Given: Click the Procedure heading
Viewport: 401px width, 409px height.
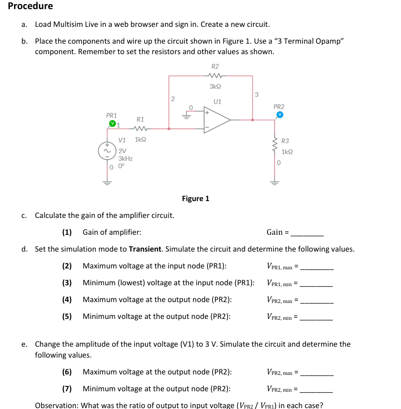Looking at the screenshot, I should click(30, 6).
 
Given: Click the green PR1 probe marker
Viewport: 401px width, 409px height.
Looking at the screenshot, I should click(111, 123).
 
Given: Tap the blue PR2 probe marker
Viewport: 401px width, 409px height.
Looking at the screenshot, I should click(280, 115).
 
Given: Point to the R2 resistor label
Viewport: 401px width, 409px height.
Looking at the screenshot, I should click(215, 66).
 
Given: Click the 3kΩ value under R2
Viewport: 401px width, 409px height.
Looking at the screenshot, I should click(215, 86).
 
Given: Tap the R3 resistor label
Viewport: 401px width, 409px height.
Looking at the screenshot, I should click(285, 141).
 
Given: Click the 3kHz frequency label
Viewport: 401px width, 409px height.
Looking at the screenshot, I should click(125, 159).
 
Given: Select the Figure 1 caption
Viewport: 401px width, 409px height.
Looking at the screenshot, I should click(195, 198).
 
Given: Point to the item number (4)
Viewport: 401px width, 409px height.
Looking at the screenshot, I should click(67, 299).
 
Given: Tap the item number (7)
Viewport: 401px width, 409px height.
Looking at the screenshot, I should click(67, 389).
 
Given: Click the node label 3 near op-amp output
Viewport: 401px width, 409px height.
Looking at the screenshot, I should click(257, 95).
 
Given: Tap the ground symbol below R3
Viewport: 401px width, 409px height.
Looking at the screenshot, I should click(274, 182).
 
